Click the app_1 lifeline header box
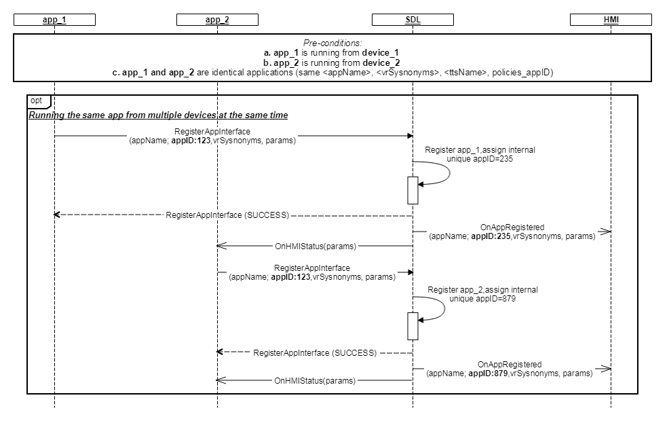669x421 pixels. coord(54,20)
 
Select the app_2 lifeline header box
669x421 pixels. coord(217,20)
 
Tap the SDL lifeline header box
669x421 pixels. coord(413,20)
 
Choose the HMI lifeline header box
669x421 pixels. coord(611,20)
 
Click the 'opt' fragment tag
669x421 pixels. coord(37,100)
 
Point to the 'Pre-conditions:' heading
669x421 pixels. coord(332,43)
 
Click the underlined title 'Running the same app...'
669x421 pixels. coord(158,115)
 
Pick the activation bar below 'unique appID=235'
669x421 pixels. coord(413,190)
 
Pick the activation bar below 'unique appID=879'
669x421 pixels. coord(413,326)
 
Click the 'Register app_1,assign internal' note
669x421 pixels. coord(480,150)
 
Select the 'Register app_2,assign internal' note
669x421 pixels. coord(482,290)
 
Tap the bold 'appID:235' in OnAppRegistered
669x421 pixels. coord(491,236)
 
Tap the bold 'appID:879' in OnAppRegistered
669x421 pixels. coord(489,373)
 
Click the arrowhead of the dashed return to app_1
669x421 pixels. coord(57,215)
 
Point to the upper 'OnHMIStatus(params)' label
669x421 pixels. coord(315,246)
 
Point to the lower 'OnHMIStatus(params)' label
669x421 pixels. coord(315,381)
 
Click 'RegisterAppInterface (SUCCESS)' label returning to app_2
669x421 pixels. coord(315,352)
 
